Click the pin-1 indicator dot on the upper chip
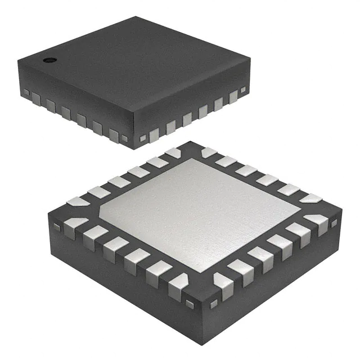click(48, 58)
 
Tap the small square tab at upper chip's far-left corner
click(26, 91)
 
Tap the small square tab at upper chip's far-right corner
click(243, 89)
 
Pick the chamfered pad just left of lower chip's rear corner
click(172, 152)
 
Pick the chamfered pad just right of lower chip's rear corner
click(209, 152)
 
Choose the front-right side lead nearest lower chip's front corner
click(224, 286)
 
